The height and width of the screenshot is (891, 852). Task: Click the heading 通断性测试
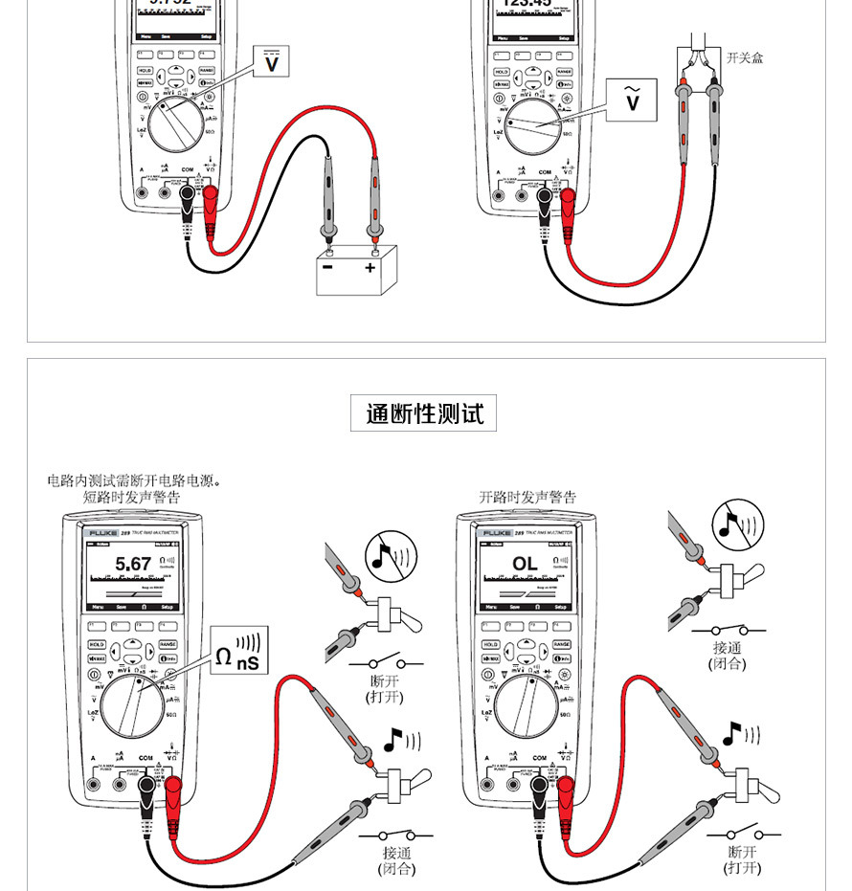click(424, 413)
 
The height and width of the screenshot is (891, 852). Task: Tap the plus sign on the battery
click(370, 269)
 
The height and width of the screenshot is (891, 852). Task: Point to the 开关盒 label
click(745, 58)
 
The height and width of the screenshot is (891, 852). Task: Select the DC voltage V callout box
click(273, 63)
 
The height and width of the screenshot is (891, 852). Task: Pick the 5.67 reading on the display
click(133, 564)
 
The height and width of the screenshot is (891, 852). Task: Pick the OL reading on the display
click(525, 564)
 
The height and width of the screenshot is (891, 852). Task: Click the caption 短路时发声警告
click(131, 498)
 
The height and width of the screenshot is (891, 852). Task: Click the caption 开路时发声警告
click(527, 498)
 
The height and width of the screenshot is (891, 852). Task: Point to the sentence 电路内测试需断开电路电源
click(134, 480)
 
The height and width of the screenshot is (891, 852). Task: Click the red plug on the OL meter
click(565, 792)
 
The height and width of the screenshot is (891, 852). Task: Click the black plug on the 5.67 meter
click(147, 792)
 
